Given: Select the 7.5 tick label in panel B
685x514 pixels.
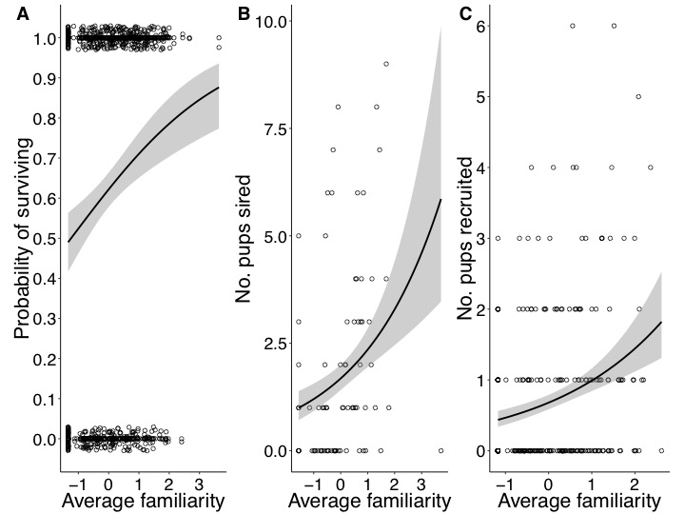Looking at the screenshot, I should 274,128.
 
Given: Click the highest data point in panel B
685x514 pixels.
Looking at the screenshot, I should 386,64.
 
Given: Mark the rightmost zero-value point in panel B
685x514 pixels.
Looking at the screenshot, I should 440,450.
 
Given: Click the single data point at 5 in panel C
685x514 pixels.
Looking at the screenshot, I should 638,96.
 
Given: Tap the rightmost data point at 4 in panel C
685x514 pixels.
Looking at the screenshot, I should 651,168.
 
